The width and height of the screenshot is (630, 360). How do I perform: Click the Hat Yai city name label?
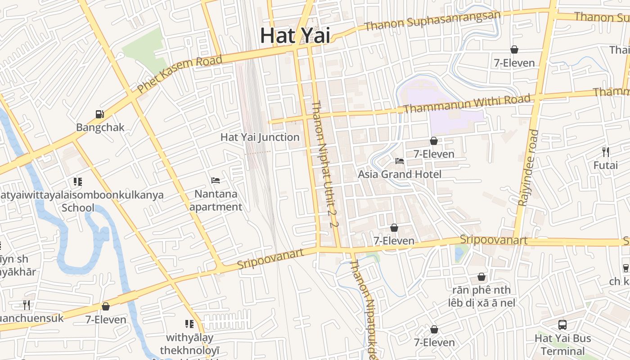pyautogui.click(x=295, y=36)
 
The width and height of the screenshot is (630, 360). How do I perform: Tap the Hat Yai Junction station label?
pyautogui.click(x=260, y=137)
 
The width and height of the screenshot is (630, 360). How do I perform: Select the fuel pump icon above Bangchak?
pyautogui.click(x=100, y=115)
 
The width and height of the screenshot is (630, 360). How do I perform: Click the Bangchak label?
pyautogui.click(x=100, y=127)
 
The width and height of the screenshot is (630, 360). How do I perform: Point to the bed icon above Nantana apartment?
pyautogui.click(x=216, y=181)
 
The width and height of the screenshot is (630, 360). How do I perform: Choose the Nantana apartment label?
pyautogui.click(x=216, y=201)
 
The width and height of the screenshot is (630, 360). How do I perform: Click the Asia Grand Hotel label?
pyautogui.click(x=400, y=174)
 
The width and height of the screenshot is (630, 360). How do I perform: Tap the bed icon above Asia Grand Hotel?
pyautogui.click(x=400, y=161)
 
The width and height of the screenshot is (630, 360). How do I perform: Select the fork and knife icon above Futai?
pyautogui.click(x=606, y=152)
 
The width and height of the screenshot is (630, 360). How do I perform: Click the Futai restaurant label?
pyautogui.click(x=606, y=165)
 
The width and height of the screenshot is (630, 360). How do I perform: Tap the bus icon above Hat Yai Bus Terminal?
pyautogui.click(x=562, y=324)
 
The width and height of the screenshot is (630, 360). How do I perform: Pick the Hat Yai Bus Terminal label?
pyautogui.click(x=562, y=344)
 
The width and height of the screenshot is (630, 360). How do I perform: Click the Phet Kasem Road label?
pyautogui.click(x=180, y=74)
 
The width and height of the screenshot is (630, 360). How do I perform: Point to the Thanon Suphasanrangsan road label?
pyautogui.click(x=432, y=21)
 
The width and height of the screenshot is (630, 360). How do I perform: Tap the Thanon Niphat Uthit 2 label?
pyautogui.click(x=324, y=164)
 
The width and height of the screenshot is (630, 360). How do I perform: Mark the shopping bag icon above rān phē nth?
pyautogui.click(x=481, y=277)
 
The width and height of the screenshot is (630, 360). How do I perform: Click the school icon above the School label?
pyautogui.click(x=78, y=182)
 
